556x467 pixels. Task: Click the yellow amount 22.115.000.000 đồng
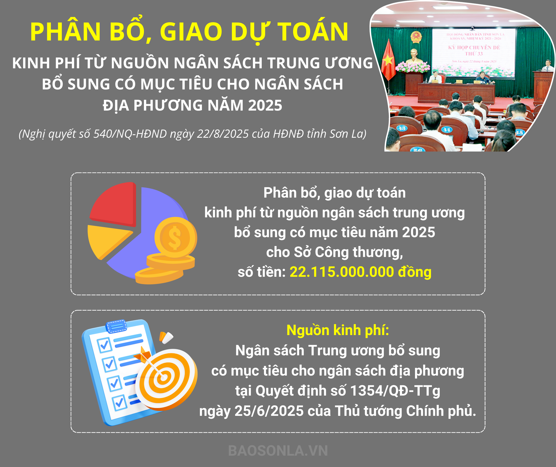coord(360,272)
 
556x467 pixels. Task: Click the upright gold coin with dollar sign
coord(175,237)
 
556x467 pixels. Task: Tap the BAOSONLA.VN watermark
coord(278,451)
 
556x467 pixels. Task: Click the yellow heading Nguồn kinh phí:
coord(338,330)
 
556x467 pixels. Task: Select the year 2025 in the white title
coord(265,105)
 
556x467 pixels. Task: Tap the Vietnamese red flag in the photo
coord(388,60)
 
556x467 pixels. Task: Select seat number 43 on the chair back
coord(402,128)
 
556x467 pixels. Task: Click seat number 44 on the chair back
coord(447,129)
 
